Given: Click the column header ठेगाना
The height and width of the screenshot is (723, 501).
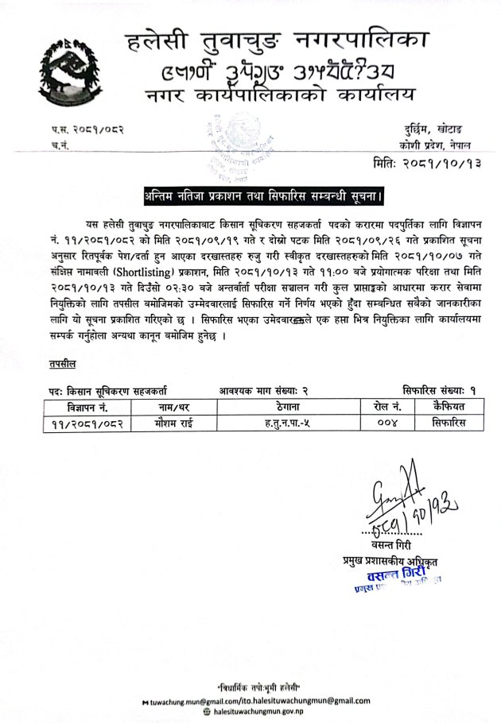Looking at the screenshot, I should click(282, 405).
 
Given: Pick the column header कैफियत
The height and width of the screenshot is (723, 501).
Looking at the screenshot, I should click(449, 405).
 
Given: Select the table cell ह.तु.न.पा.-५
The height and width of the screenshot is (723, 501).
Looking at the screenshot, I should click(282, 421).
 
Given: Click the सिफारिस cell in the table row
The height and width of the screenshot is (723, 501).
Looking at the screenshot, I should click(449, 421).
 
